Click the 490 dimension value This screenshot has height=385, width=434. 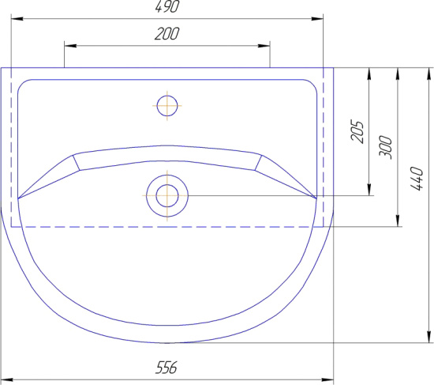(x=167, y=6)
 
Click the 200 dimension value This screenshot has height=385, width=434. (x=167, y=33)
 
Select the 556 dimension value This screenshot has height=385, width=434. (x=166, y=368)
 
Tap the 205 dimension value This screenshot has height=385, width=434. (x=357, y=131)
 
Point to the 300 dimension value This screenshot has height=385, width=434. (x=386, y=147)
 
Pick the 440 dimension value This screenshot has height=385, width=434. (x=417, y=179)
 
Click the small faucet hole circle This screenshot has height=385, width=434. (x=167, y=106)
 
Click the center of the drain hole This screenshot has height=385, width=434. (x=167, y=196)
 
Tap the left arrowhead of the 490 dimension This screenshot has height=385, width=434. (x=17, y=19)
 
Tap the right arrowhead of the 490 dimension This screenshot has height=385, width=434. (x=317, y=19)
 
